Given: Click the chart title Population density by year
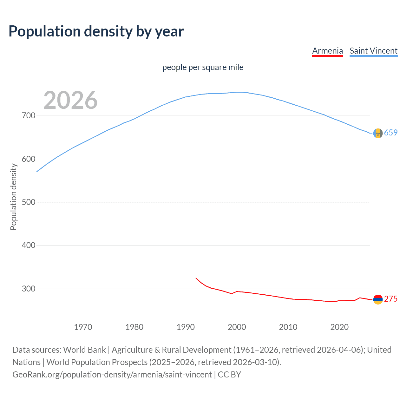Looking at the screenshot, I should pos(96,31).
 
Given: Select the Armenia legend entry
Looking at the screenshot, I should pos(327,51).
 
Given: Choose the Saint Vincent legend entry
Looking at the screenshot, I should pos(373,51).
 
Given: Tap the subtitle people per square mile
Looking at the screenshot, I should pos(203,67).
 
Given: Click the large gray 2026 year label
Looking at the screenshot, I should pos(70,100).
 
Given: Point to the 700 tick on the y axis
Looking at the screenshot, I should pos(28,116).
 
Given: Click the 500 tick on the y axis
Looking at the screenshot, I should pos(28,202).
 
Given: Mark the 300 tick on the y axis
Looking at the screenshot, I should pos(28,289).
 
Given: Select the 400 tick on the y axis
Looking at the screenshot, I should pos(28,246).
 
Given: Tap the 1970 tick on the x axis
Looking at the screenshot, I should pos(83,327).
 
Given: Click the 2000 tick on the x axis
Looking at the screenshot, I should pos(237,327).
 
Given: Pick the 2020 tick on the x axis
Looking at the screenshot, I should pos(339,327).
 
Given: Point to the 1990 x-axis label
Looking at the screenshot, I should pos(186,327).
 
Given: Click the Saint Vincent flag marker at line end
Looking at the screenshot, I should pos(378,133).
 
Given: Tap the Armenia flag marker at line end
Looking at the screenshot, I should pos(378,299).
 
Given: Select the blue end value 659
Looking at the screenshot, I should pos(391,133).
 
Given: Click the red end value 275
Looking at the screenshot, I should pos(391,299).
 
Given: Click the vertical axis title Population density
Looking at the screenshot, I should pos(13,197).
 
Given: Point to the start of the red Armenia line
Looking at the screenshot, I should pos(196,278).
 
